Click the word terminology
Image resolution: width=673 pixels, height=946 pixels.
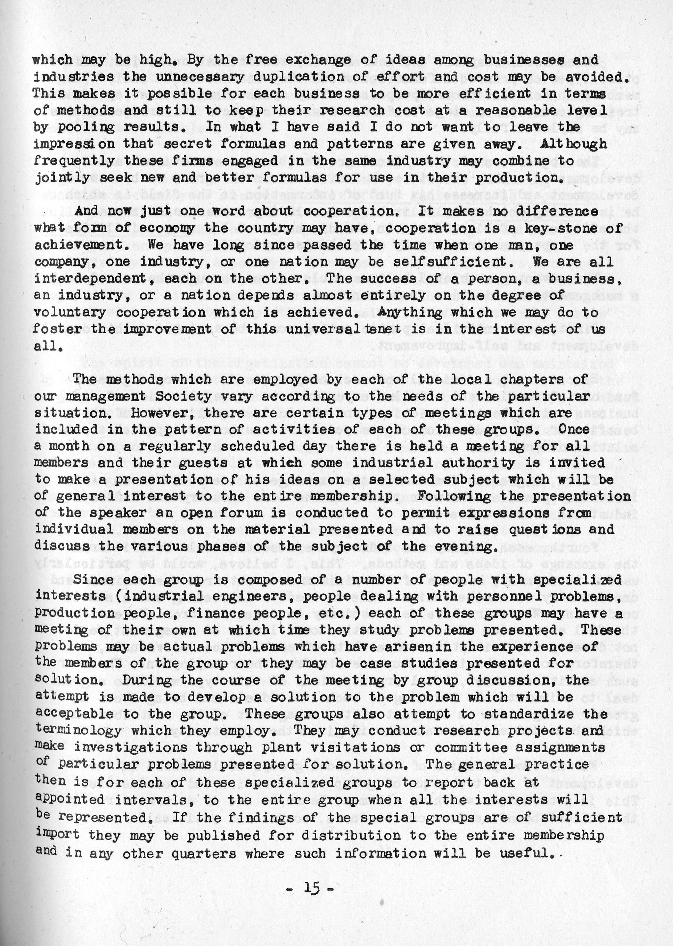click(x=79, y=731)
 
